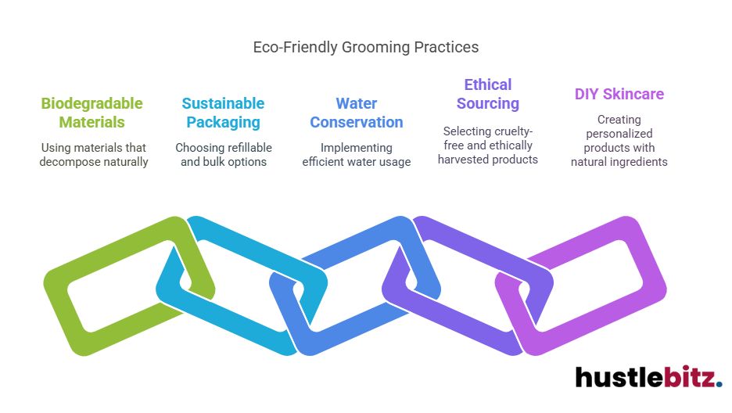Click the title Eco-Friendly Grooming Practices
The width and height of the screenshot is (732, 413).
pos(365,47)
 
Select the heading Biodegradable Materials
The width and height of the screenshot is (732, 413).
pos(91,113)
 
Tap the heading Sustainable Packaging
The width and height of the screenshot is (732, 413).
pos(223,113)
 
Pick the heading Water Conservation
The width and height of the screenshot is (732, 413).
pos(356,113)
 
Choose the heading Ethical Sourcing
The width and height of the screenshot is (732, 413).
pos(487,94)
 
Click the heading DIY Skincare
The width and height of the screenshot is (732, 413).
pos(619,94)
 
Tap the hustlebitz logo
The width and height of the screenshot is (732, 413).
pos(648,377)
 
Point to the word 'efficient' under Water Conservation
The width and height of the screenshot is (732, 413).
pos(328,162)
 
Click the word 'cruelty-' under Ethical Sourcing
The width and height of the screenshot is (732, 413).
pos(511,131)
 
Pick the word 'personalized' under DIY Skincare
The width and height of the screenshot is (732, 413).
pos(619,134)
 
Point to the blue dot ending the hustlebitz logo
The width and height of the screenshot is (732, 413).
pos(719,383)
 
